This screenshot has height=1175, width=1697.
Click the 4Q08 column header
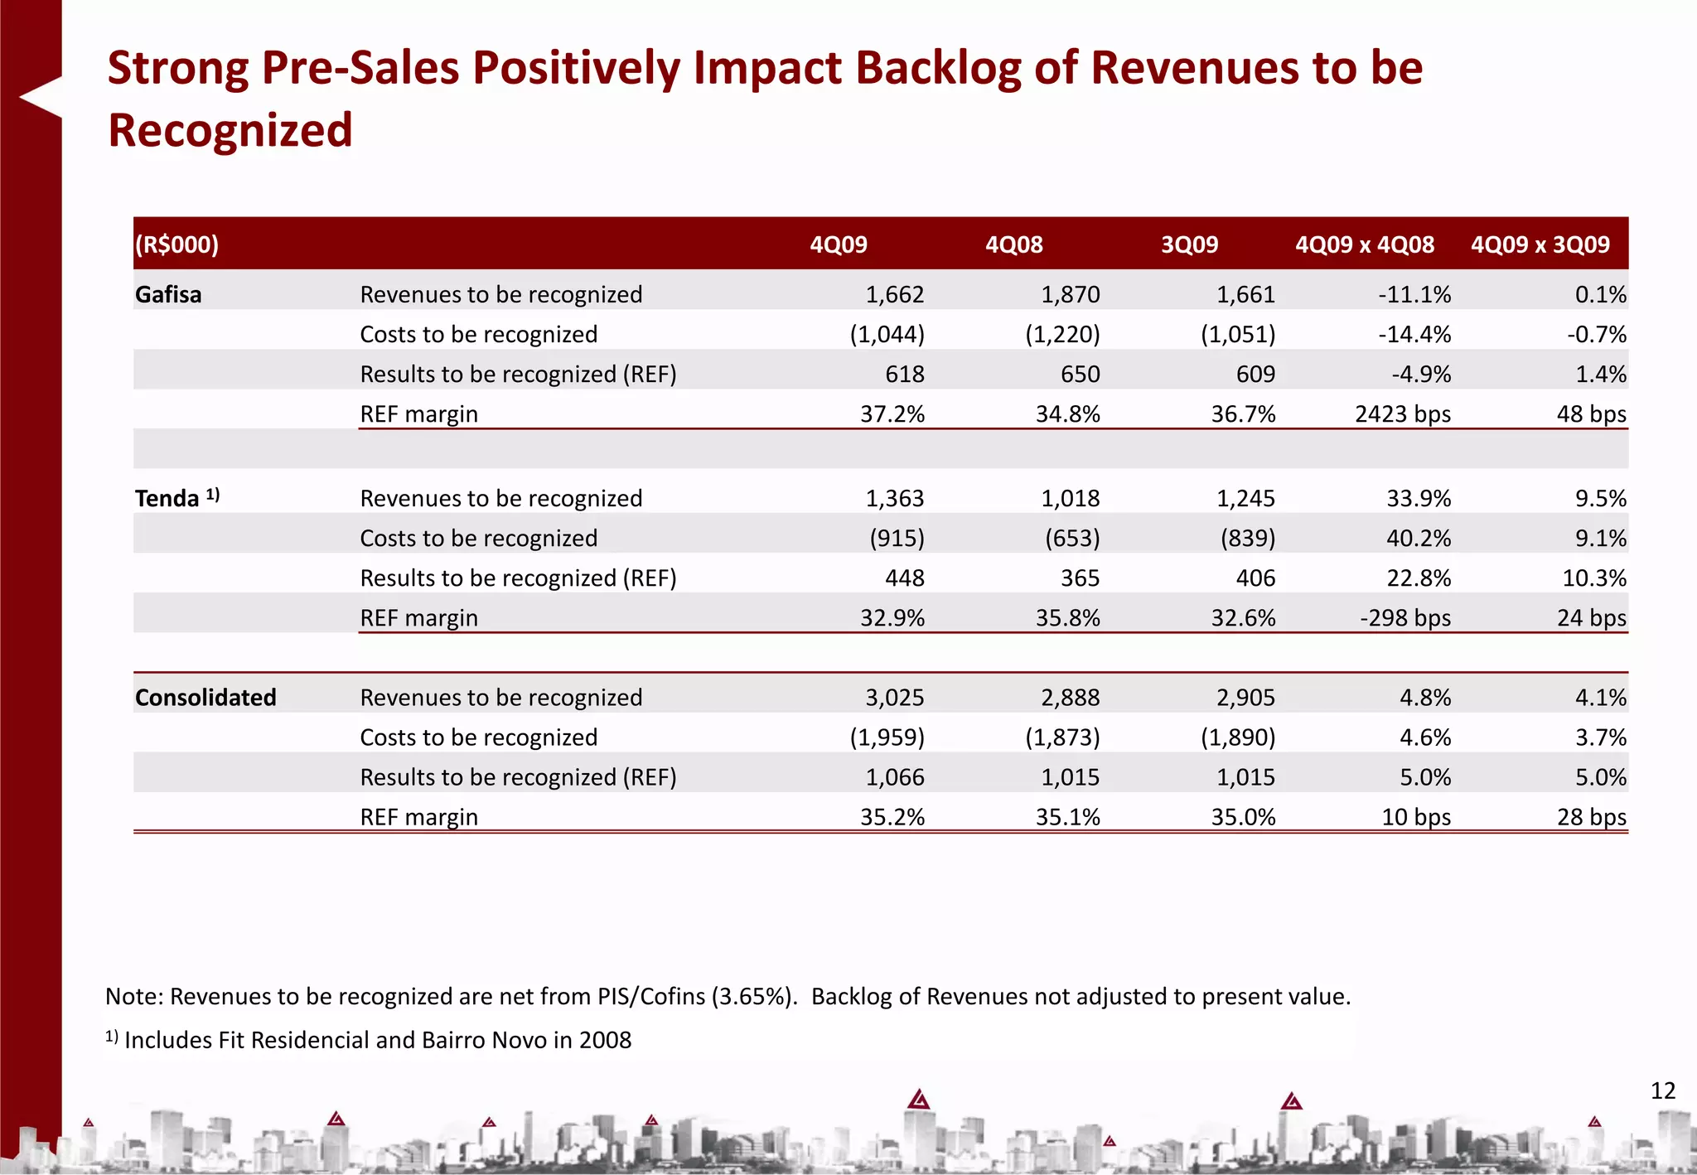(x=1013, y=244)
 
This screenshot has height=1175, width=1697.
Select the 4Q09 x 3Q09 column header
(x=1540, y=244)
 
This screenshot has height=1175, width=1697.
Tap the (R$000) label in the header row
(x=177, y=244)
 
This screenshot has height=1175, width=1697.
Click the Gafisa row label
(x=168, y=294)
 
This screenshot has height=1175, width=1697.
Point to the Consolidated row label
(x=205, y=697)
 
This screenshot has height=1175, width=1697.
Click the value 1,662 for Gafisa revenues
(x=894, y=294)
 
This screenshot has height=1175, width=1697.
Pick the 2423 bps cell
(x=1402, y=413)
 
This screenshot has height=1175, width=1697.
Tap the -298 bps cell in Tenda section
(x=1404, y=617)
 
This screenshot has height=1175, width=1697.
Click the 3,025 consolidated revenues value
(x=894, y=697)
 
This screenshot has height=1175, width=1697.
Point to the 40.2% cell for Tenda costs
(x=1419, y=538)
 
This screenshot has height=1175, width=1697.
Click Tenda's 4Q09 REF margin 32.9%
(x=892, y=617)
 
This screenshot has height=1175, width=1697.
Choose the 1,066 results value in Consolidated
(x=894, y=776)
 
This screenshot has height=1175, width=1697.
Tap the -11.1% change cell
(x=1414, y=294)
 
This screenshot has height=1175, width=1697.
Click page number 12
(x=1662, y=1090)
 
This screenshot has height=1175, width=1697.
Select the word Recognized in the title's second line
(x=230, y=130)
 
